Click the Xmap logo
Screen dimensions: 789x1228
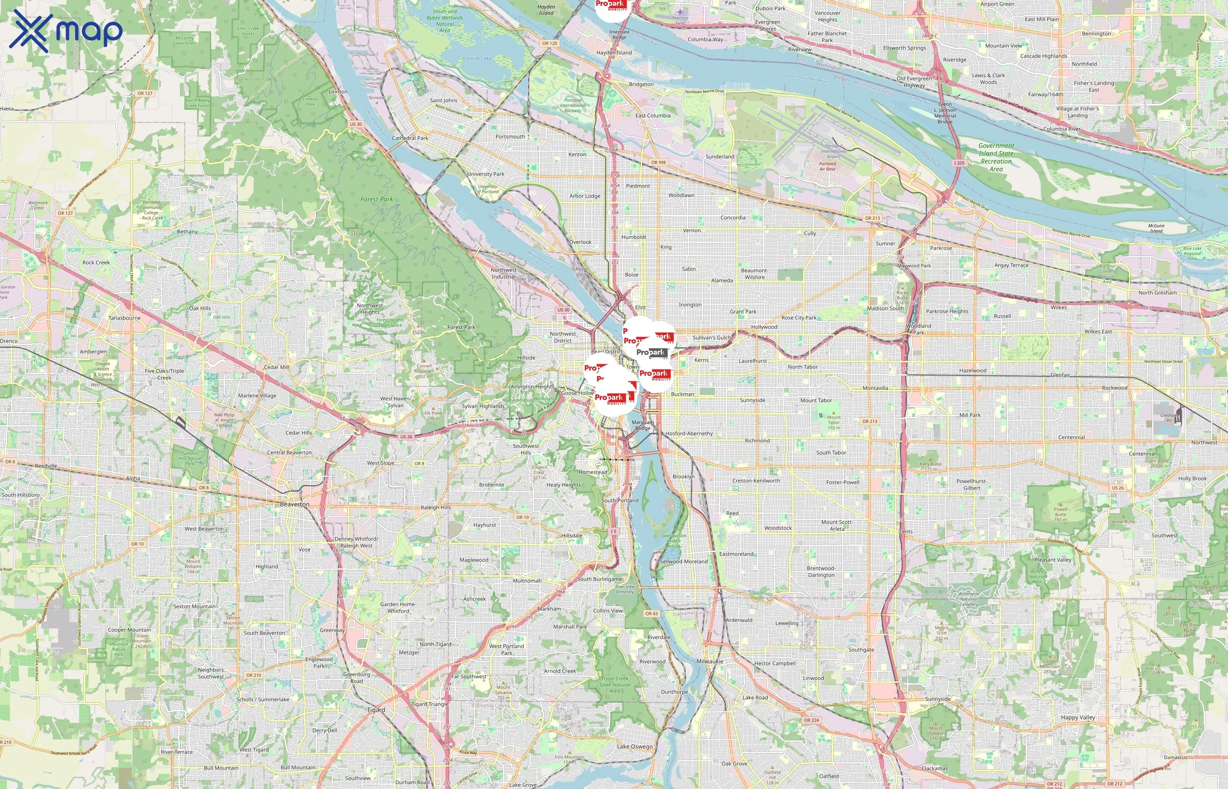tap(66, 31)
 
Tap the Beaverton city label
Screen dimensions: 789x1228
tap(294, 504)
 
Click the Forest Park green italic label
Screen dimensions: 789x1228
tap(377, 199)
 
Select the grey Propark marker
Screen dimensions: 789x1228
tap(651, 352)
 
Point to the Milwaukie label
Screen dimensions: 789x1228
tap(710, 661)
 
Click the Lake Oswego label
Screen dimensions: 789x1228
tap(635, 746)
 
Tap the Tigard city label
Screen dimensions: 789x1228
tap(376, 710)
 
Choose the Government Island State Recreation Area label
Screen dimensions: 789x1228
tap(996, 157)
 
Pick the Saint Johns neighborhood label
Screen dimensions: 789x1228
tap(443, 100)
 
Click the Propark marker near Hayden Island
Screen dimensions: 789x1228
tap(612, 8)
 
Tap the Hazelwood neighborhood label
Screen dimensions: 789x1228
tap(972, 370)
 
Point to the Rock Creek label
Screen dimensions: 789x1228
tap(96, 262)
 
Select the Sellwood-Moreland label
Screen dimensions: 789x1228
tap(684, 562)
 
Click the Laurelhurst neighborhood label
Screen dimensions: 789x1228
tap(753, 361)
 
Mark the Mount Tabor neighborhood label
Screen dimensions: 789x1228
tap(816, 401)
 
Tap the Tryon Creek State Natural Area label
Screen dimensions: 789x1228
tap(614, 685)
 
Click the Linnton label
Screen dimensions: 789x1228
tap(338, 92)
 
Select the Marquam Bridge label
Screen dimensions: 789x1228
tap(642, 425)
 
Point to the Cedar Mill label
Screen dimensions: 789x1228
tap(276, 367)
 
